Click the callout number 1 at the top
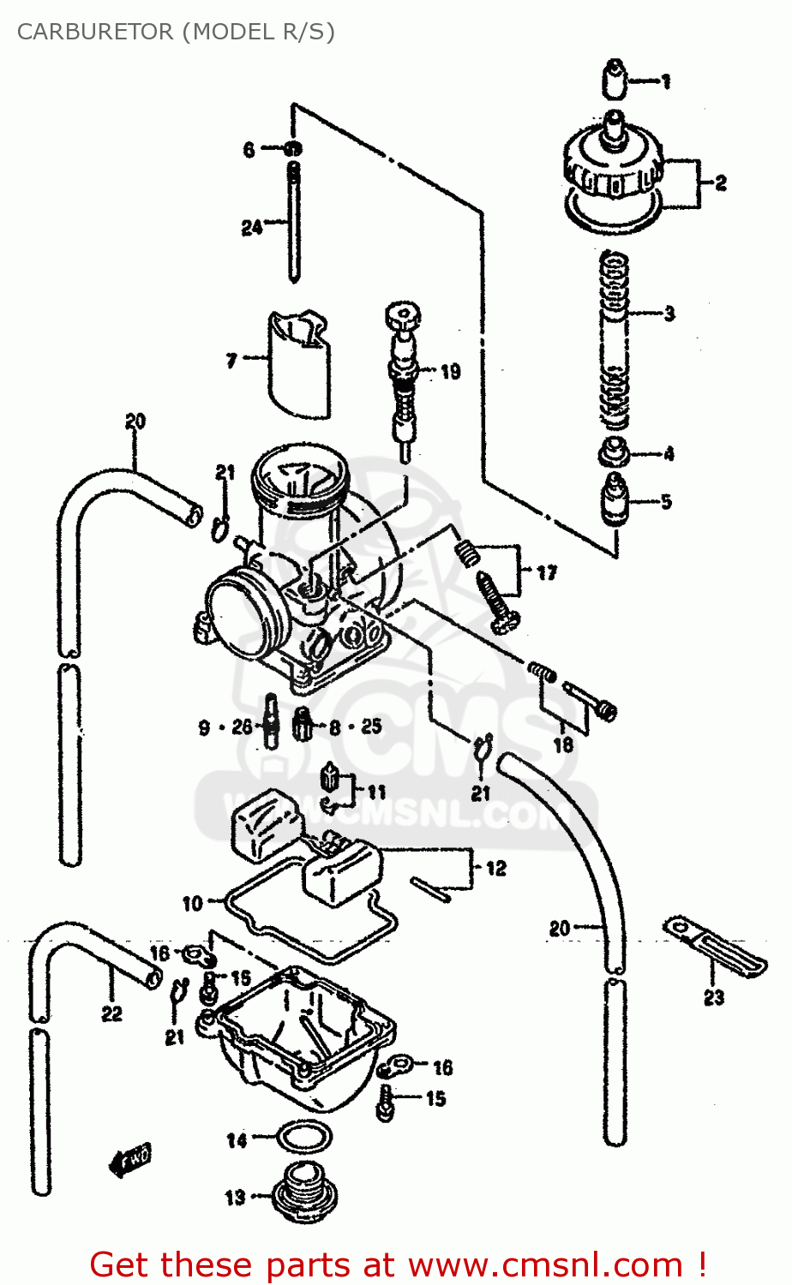(666, 82)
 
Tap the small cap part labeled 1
(615, 80)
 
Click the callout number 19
(451, 372)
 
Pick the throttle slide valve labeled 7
(297, 360)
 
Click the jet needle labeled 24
(294, 223)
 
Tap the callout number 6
(249, 150)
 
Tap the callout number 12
(496, 869)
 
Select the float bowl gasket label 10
(192, 903)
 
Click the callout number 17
(547, 573)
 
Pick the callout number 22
(112, 1013)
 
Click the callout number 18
(563, 744)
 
